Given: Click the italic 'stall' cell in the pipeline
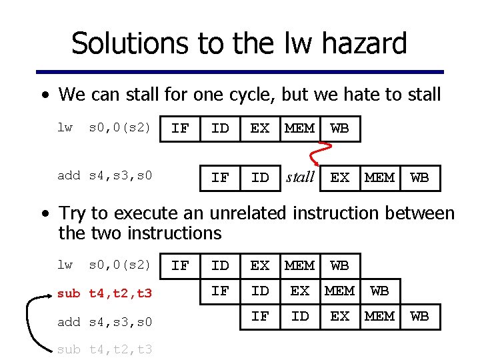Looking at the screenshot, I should coord(300,177).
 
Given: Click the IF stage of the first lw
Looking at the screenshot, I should coord(180,128).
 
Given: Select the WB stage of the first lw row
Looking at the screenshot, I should coord(340,128).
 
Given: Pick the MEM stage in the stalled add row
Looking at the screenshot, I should coord(380,177).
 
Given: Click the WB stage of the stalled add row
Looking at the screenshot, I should coord(420,177).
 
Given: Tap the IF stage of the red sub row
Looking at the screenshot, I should coord(220,291).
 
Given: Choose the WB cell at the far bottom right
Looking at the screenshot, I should coord(420,316).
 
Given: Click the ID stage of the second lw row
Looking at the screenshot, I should coord(220,265).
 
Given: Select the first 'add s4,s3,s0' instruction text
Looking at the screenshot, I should coord(105,175).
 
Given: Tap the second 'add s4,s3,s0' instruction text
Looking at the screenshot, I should coord(105,322).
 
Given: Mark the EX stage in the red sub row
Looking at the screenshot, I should coord(300,291).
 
